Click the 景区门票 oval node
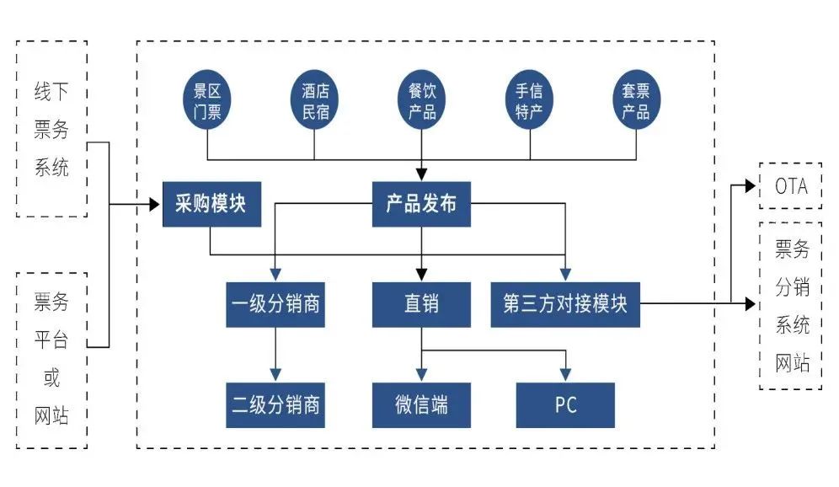pyautogui.click(x=207, y=101)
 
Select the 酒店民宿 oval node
pyautogui.click(x=315, y=101)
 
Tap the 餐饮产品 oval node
pyautogui.click(x=422, y=101)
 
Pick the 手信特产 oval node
pyautogui.click(x=529, y=101)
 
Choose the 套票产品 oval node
pyautogui.click(x=635, y=101)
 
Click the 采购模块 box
pyautogui.click(x=211, y=204)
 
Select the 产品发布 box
pyautogui.click(x=421, y=204)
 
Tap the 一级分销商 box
pyautogui.click(x=275, y=304)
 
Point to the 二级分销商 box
pyautogui.click(x=275, y=404)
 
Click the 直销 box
pyautogui.click(x=421, y=304)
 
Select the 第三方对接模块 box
pyautogui.click(x=565, y=304)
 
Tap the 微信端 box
pyautogui.click(x=421, y=404)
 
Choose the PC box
pyautogui.click(x=565, y=404)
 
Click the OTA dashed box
pyautogui.click(x=790, y=186)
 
